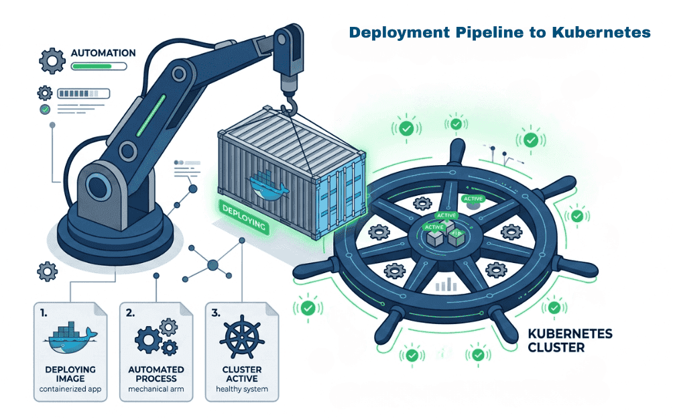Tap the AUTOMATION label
pyautogui.click(x=103, y=53)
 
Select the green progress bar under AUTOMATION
pyautogui.click(x=98, y=66)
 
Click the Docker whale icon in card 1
pyautogui.click(x=70, y=339)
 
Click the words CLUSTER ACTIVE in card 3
pyautogui.click(x=241, y=374)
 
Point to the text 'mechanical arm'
pyautogui.click(x=156, y=389)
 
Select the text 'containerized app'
pyautogui.click(x=70, y=389)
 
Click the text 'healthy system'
pyautogui.click(x=241, y=389)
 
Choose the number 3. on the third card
pyautogui.click(x=215, y=313)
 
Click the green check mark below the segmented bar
pyautogui.click(x=45, y=109)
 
